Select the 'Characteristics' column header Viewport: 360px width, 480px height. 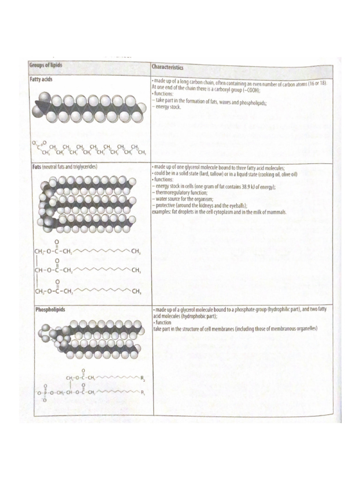[167, 67]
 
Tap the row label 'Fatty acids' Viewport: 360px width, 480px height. [41, 80]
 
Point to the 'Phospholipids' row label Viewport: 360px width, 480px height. [52, 309]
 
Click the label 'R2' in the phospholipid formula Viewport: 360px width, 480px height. [143, 377]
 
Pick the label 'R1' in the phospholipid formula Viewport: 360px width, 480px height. [143, 392]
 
